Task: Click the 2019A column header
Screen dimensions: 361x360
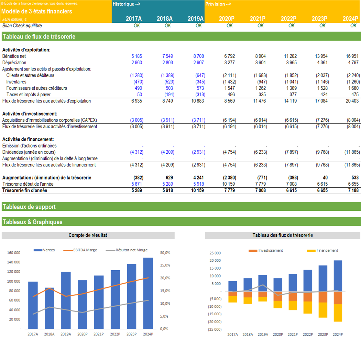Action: pos(196,19)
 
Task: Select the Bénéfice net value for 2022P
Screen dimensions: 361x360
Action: pos(290,56)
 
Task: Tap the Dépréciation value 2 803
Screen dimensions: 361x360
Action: pos(168,63)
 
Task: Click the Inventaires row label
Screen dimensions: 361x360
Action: pos(16,82)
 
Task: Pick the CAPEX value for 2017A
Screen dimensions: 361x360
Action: pos(137,120)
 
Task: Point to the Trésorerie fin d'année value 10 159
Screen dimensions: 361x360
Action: pos(197,190)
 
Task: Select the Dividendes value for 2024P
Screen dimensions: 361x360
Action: pos(352,152)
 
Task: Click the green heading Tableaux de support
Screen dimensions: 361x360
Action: pos(29,207)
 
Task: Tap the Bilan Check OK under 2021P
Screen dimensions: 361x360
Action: pos(261,25)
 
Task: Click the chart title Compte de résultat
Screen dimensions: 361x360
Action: pos(88,235)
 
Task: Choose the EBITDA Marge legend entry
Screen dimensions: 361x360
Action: pos(80,250)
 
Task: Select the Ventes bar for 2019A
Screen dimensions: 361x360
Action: pos(66,301)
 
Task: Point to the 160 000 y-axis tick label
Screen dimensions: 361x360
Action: pos(14,253)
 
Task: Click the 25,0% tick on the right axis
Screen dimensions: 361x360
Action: pos(165,265)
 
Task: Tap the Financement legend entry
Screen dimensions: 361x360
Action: pos(322,250)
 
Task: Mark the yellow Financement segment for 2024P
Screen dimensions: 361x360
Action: pos(338,313)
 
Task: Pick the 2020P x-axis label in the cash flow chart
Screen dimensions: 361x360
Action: pos(278,335)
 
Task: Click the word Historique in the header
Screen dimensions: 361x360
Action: pos(123,4)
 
